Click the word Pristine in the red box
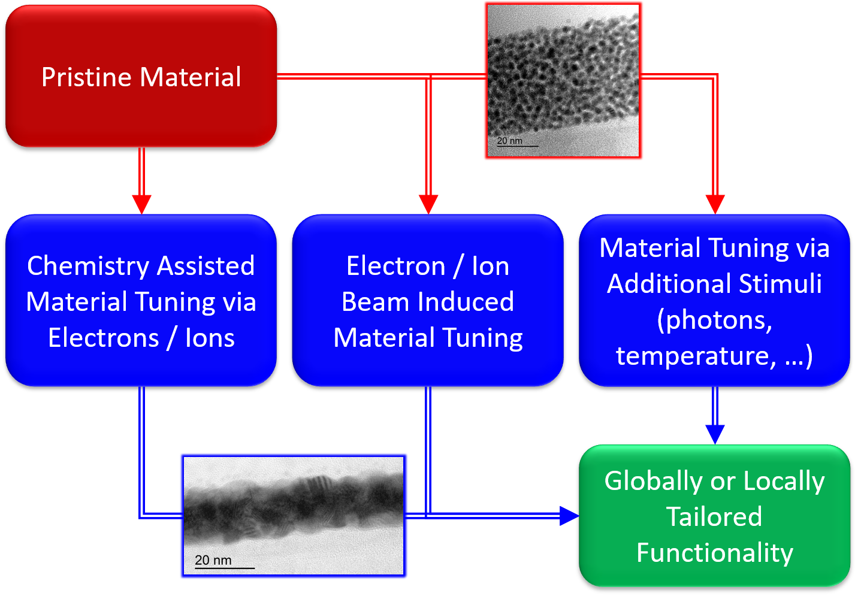[86, 77]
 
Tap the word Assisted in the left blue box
[206, 265]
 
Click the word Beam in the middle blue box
[374, 301]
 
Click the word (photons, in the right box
[715, 320]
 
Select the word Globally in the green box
[653, 482]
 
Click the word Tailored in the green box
[714, 516]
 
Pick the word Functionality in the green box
[715, 553]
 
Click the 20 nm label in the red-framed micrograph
[510, 141]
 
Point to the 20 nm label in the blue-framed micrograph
[213, 560]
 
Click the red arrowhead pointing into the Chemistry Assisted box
[141, 204]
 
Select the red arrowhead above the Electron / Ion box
[428, 204]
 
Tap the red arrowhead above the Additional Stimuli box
[715, 204]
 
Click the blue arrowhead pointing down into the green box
[715, 435]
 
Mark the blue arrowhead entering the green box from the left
[569, 516]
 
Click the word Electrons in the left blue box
[104, 338]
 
